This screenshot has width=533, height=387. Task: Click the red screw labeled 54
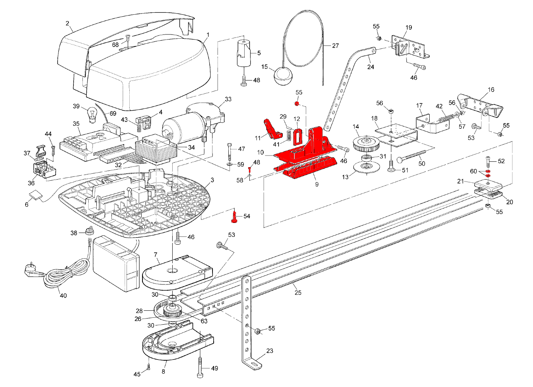pyautogui.click(x=234, y=216)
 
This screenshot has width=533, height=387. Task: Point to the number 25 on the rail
pyautogui.click(x=298, y=293)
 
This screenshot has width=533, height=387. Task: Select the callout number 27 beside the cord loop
pyautogui.click(x=335, y=46)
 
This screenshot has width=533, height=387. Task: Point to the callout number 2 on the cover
pyautogui.click(x=67, y=24)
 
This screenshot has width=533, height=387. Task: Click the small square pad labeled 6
pyautogui.click(x=35, y=196)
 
